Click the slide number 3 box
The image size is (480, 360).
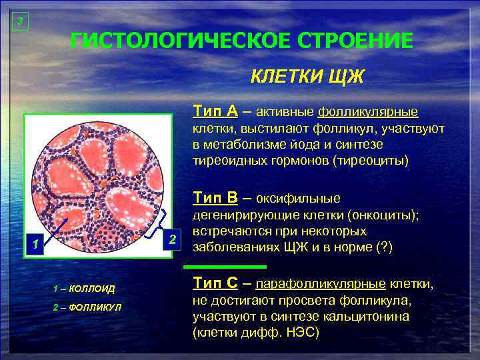(x=20, y=22)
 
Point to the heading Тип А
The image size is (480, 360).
(x=215, y=110)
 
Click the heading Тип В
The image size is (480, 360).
(x=215, y=197)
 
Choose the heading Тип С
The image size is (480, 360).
(x=215, y=284)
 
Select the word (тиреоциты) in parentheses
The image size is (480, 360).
(x=373, y=161)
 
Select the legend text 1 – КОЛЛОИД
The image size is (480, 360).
(x=84, y=288)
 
